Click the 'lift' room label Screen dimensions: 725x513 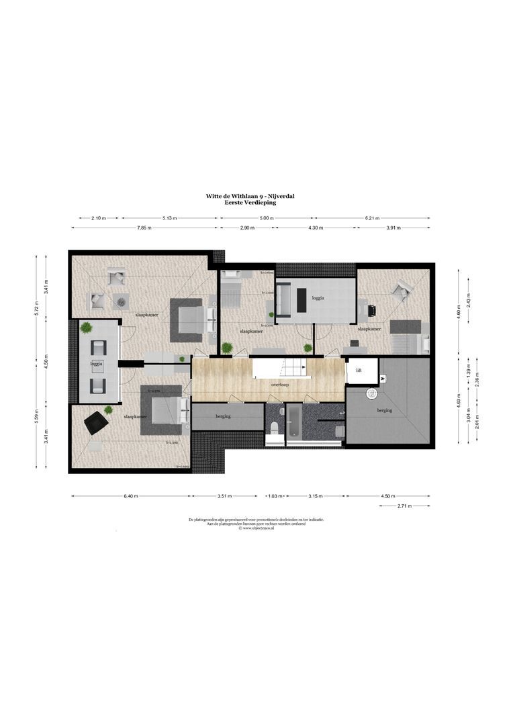pos(359,369)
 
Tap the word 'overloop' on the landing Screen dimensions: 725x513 pos(280,386)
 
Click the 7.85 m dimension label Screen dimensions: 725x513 pos(144,228)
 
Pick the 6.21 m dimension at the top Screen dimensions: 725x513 pos(373,218)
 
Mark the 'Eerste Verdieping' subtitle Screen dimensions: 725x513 pos(250,201)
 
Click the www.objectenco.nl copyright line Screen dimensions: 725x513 pos(257,528)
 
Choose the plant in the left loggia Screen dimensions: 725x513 pos(85,327)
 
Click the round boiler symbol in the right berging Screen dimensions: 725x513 pos(371,394)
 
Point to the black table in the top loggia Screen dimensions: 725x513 pos(301,299)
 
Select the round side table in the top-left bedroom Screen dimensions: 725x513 pos(122,302)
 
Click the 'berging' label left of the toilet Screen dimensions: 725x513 pos(224,417)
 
